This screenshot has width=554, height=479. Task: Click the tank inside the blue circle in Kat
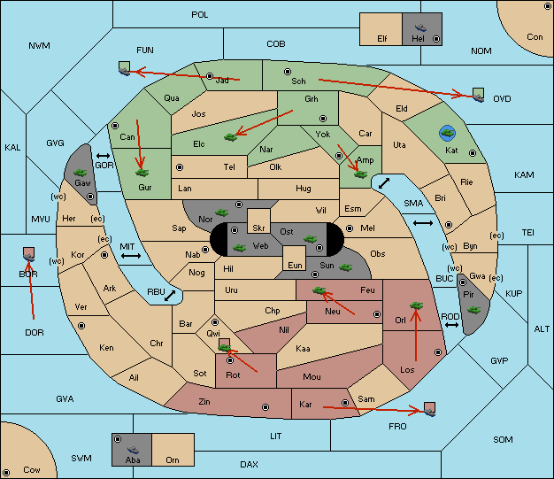pos(447,133)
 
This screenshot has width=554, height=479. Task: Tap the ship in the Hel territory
pos(420,27)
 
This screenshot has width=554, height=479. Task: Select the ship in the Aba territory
pos(133,450)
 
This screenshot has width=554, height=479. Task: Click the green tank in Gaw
pos(81,173)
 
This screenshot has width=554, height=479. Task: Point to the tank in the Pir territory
pos(473,310)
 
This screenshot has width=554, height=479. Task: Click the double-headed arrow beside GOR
pos(104,156)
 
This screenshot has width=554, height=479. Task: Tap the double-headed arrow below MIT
pos(131,256)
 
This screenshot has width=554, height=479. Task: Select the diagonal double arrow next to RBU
pos(170,296)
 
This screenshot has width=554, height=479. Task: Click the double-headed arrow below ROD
pos(451,325)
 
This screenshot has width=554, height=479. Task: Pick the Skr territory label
pos(258,228)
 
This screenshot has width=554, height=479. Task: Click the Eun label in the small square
pos(295,265)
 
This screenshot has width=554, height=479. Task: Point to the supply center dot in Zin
pos(265,407)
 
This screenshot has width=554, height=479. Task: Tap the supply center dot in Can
pos(115,126)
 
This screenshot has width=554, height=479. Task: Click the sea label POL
pos(200,15)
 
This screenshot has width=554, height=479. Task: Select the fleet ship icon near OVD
pos(479,95)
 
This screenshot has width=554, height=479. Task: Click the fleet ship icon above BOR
pos(28,254)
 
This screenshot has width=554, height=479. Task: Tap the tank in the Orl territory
pos(416,305)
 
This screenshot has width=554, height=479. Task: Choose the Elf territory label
pos(382,39)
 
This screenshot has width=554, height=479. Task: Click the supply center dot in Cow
pos(6,473)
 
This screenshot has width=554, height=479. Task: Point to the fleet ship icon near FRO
pos(429,409)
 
